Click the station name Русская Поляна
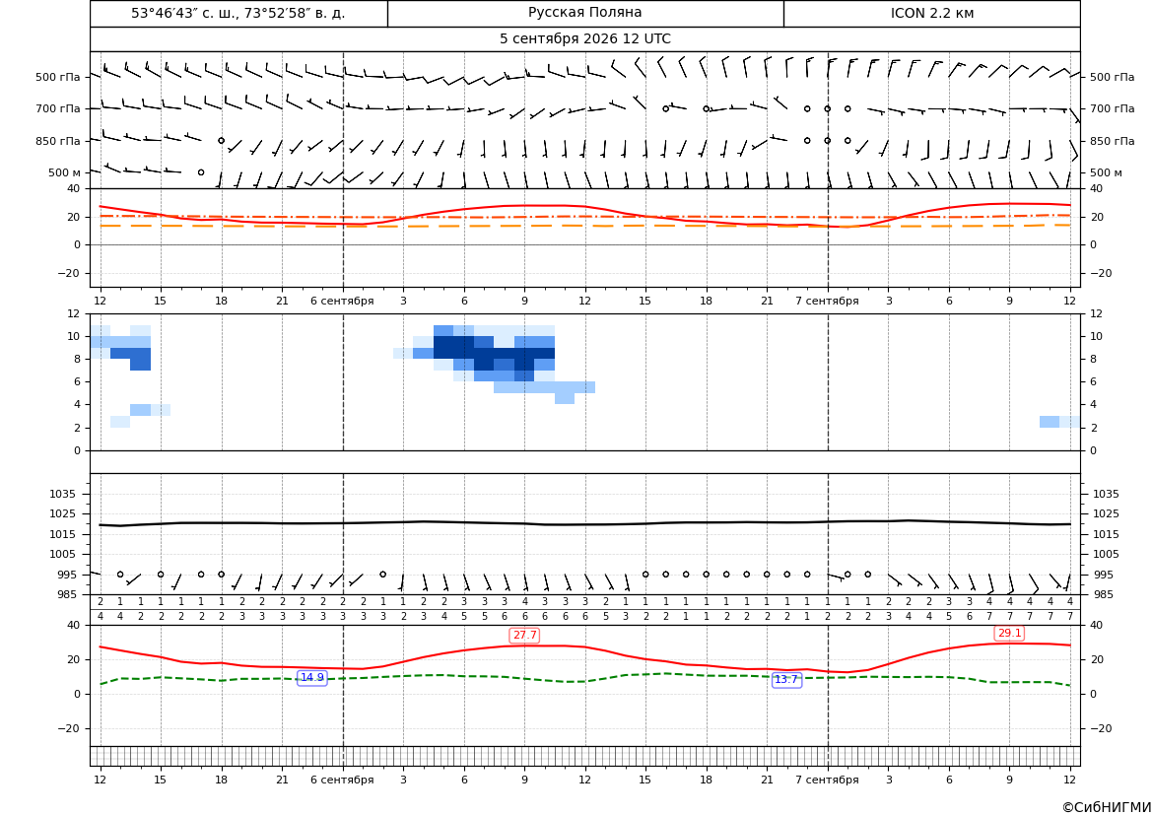tap(584, 13)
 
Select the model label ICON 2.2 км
tap(931, 13)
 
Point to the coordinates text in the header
tap(238, 13)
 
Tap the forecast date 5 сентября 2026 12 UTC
tap(584, 39)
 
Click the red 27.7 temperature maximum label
tap(524, 635)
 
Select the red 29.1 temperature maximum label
tap(1009, 633)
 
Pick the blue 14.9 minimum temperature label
tap(312, 678)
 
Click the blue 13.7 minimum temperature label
tap(786, 680)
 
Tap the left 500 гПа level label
tap(58, 77)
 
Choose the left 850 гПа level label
tap(58, 141)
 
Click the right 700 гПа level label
tap(1112, 108)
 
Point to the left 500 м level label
tap(65, 172)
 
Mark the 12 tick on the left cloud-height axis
tap(74, 313)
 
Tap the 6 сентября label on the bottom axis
tap(342, 780)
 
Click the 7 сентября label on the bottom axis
tap(827, 780)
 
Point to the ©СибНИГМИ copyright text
tap(1107, 807)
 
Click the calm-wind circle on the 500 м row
tap(201, 172)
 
